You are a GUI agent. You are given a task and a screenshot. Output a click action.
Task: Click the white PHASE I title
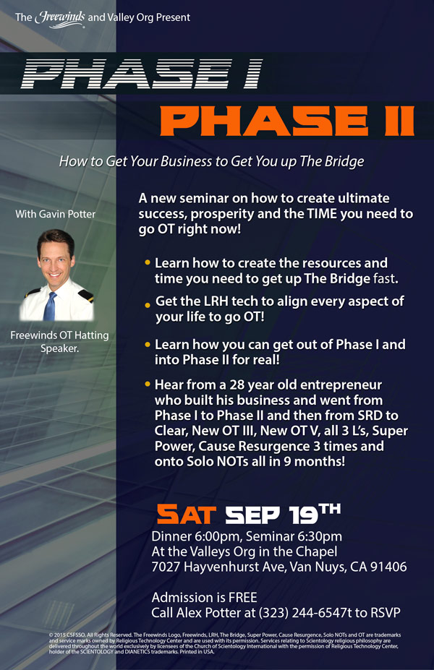142,74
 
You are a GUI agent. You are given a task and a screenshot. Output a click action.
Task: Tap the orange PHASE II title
287,121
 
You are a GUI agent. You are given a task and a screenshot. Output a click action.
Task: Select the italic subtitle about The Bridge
212,161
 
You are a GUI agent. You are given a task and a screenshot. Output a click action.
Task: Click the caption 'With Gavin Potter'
56,214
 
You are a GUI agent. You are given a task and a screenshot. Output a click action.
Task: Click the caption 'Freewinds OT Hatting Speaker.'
59,342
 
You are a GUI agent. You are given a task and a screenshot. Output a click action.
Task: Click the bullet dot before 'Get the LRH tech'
148,305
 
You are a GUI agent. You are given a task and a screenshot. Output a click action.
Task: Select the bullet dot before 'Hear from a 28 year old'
148,385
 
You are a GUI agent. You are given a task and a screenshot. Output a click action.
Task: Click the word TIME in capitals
322,214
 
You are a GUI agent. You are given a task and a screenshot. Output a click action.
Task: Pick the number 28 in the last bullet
237,385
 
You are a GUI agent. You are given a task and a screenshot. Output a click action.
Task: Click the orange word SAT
187,514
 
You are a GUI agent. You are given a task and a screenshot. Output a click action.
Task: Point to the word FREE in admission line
243,597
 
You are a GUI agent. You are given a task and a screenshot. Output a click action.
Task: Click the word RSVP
386,613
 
